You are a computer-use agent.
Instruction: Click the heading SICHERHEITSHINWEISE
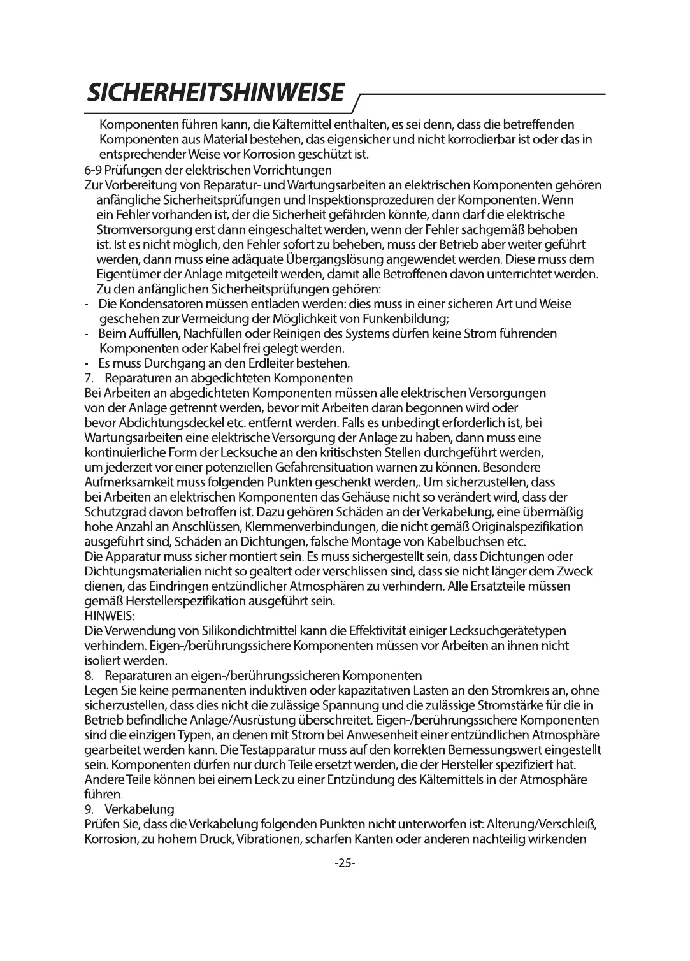pyautogui.click(x=217, y=93)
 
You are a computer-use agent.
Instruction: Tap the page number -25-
pyautogui.click(x=344, y=863)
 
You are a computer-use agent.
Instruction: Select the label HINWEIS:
pyautogui.click(x=106, y=616)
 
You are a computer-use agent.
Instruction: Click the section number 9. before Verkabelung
pyautogui.click(x=90, y=809)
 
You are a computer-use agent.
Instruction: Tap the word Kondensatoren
pyautogui.click(x=153, y=304)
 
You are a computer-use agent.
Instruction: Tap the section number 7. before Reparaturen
pyautogui.click(x=90, y=379)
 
